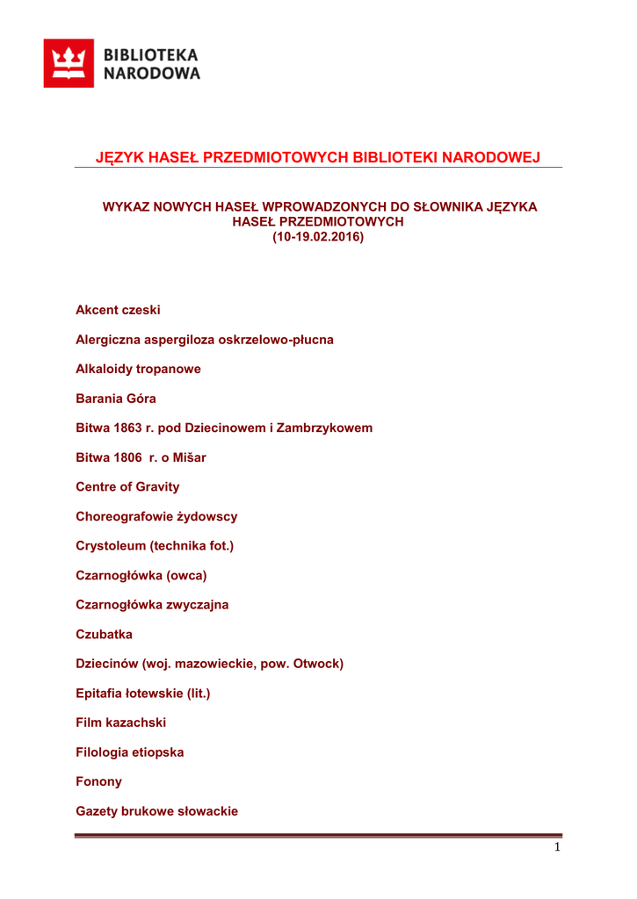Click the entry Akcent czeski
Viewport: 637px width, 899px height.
(118, 310)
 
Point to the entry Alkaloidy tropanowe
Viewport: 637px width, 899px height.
(138, 369)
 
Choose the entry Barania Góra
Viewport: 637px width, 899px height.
(116, 399)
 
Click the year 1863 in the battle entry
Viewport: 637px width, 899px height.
(127, 428)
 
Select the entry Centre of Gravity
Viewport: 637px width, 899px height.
(127, 487)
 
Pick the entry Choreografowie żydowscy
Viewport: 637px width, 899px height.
(156, 516)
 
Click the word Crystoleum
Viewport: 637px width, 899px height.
(110, 546)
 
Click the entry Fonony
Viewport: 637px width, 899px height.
(98, 781)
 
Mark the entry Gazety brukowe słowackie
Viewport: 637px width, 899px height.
(156, 811)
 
